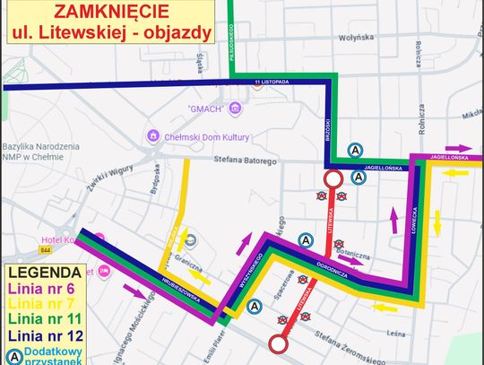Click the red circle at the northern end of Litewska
click(333, 178)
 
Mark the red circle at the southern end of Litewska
click(279, 343)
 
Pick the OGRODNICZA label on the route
click(337, 268)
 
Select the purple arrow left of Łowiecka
click(392, 218)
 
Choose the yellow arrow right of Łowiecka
click(436, 218)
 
